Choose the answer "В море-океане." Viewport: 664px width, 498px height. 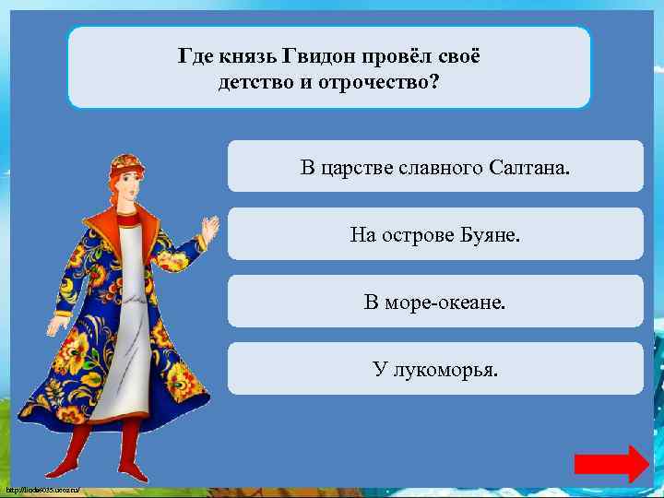point(435,302)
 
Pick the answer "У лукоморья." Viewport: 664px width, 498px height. point(435,370)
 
